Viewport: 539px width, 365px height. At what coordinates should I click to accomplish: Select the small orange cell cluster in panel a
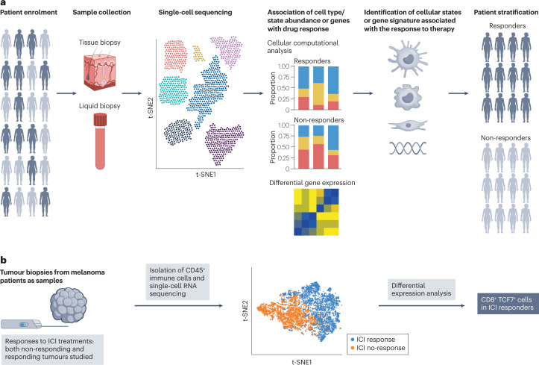click(x=198, y=52)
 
